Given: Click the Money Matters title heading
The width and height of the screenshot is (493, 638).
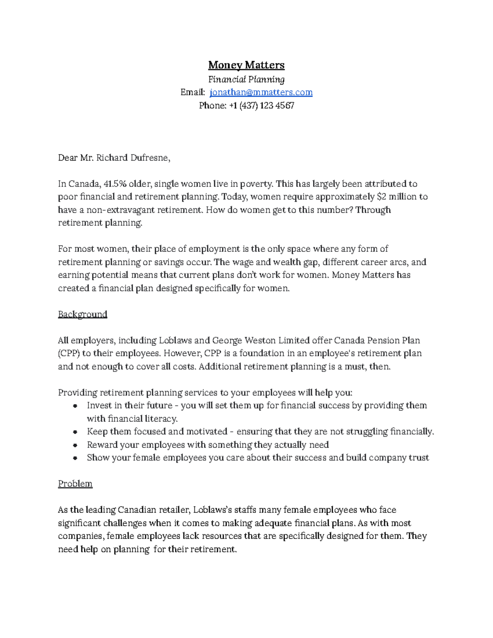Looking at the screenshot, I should tap(246, 65).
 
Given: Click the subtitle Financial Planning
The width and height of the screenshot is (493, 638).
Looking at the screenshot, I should tap(246, 79).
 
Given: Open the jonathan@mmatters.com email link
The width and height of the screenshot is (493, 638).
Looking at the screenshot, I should tap(261, 92).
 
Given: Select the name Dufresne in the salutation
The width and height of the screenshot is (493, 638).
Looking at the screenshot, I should tap(149, 158).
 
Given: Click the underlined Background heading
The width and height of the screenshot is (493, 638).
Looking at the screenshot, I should tap(83, 314).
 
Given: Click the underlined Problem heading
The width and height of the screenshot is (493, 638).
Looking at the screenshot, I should tap(75, 484).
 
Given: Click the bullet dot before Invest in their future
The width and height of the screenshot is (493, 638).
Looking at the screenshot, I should tap(75, 406).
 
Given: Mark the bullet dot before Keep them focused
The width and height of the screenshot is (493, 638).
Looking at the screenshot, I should tap(75, 432).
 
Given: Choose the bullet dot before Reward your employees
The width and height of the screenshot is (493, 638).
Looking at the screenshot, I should tap(75, 445).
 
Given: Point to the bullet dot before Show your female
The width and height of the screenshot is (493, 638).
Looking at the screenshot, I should tap(75, 458).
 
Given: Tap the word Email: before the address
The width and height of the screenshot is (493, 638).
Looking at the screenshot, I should tap(192, 92).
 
